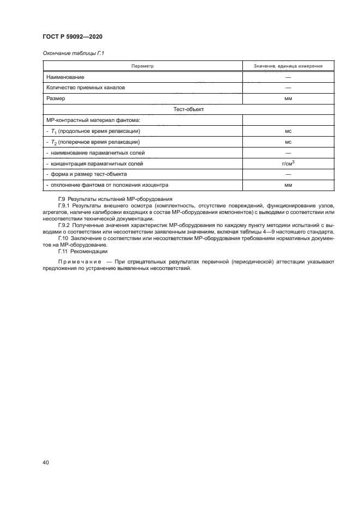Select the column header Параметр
tap(143, 66)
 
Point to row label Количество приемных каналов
tap(86, 88)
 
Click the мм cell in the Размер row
tap(288, 99)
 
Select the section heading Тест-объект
tap(188, 109)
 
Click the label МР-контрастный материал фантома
tap(86, 120)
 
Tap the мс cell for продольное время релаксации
tap(288, 131)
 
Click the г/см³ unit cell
tap(288, 163)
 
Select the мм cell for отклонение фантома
tap(288, 185)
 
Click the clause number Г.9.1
tap(64, 205)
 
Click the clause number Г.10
tap(63, 238)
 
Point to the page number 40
tap(45, 462)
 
